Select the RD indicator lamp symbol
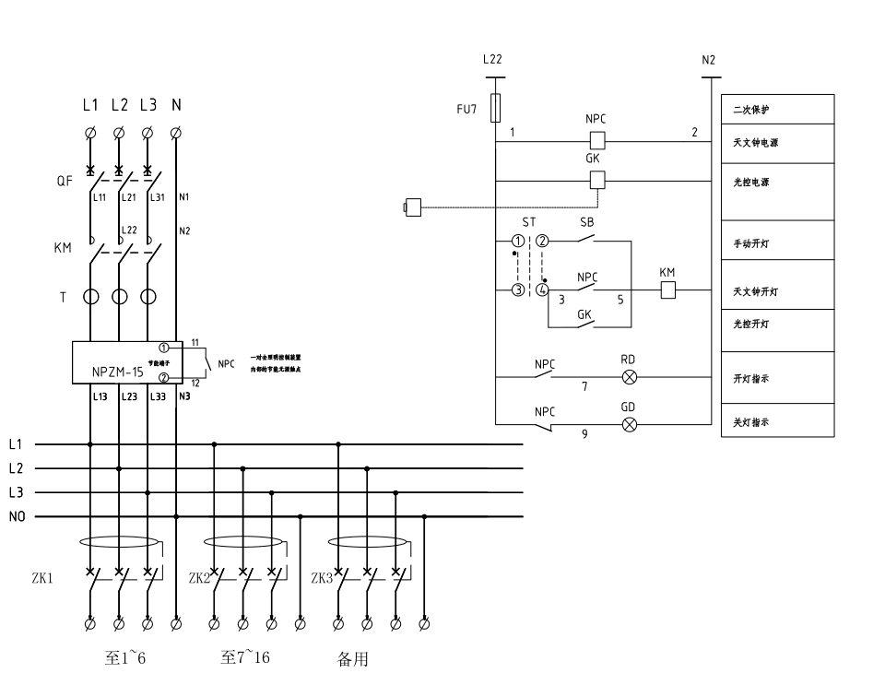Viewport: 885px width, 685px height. (631, 377)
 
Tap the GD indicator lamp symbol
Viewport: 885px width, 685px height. (631, 424)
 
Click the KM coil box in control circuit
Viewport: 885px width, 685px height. (668, 290)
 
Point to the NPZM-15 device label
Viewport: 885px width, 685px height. (117, 373)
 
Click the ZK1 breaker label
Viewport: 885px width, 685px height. (42, 579)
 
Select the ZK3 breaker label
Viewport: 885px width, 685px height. (322, 579)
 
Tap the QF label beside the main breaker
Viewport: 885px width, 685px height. (64, 182)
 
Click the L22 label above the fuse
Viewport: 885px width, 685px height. (492, 59)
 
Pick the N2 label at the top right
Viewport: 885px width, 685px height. (708, 59)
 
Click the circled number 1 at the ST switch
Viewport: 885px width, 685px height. (518, 242)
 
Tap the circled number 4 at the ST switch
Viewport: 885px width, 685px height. (543, 290)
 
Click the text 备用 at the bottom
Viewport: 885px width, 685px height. (353, 660)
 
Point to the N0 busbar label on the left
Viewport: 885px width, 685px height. (18, 517)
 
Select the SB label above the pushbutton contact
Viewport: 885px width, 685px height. (587, 223)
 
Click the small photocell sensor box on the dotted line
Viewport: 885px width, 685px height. (413, 207)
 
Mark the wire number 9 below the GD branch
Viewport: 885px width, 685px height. (584, 434)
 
